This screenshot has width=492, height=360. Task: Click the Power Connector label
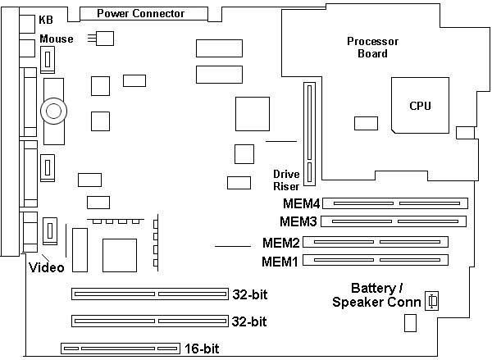(x=140, y=13)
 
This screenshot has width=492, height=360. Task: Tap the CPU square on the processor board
(x=420, y=105)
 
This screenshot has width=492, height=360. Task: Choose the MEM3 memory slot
(x=394, y=221)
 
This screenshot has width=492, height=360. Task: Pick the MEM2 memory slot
(x=380, y=242)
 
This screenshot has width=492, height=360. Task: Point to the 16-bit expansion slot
(x=120, y=349)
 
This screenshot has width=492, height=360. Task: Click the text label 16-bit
(x=201, y=349)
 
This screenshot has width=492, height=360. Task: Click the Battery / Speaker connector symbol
(x=432, y=302)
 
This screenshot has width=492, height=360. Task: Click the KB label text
(x=46, y=20)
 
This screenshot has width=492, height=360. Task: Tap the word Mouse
(x=56, y=39)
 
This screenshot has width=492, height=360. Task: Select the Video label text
(x=46, y=267)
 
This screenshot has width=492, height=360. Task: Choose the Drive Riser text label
(x=287, y=180)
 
